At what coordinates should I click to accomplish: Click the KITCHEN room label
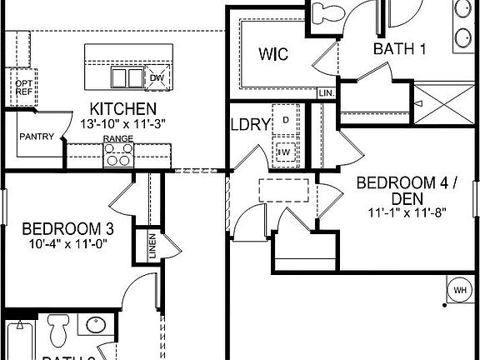123,109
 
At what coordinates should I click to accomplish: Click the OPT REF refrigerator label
22,88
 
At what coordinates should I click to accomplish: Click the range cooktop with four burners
119,154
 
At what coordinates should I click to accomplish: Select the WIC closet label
272,55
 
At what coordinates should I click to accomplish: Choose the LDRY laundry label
250,125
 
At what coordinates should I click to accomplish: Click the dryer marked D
285,121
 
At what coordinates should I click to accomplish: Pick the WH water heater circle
459,290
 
